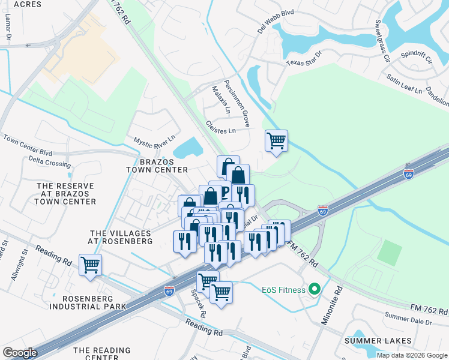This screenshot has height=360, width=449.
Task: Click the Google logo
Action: pyautogui.click(x=20, y=353)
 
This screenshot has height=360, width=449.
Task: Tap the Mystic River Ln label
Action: pyautogui.click(x=154, y=141)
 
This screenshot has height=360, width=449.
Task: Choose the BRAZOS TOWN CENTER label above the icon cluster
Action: pyautogui.click(x=157, y=166)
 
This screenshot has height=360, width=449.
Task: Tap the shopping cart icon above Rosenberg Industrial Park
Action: pyautogui.click(x=91, y=265)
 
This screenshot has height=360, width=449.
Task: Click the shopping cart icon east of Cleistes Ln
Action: pyautogui.click(x=276, y=141)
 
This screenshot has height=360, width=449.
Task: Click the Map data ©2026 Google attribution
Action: pyautogui.click(x=412, y=355)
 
